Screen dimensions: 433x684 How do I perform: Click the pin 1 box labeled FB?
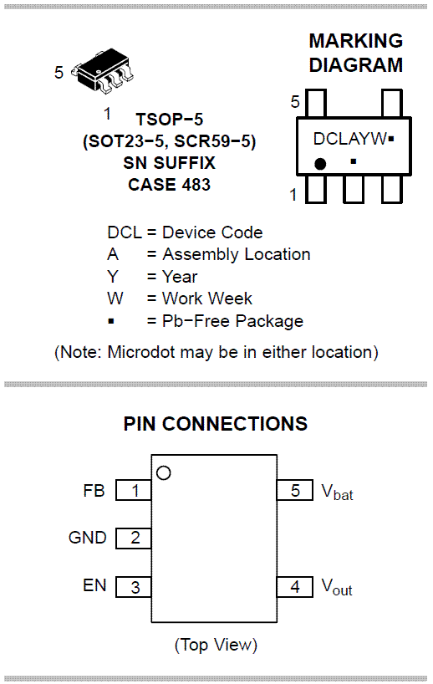134,490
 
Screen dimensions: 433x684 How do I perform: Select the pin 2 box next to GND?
134,538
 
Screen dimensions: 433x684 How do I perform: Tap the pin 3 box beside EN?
134,587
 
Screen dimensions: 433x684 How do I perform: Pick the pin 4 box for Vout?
295,587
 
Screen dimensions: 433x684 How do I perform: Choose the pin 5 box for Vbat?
295,490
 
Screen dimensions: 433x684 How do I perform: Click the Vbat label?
337,492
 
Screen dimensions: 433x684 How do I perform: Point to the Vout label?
337,587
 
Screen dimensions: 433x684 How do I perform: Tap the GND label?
87,538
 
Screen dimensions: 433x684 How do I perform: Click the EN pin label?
94,585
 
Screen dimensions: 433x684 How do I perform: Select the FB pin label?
94,491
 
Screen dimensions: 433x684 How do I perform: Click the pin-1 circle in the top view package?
164,473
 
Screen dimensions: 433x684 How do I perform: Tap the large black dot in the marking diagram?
320,164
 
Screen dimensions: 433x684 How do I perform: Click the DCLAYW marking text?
350,139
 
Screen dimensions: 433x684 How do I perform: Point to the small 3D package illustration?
104,71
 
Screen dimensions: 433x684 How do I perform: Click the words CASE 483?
169,185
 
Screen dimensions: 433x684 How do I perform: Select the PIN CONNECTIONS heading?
216,424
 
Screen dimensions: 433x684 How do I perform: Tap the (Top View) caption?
216,645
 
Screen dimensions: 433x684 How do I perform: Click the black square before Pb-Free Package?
111,321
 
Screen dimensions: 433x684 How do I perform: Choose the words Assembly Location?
237,254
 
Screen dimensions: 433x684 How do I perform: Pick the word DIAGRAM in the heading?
356,65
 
